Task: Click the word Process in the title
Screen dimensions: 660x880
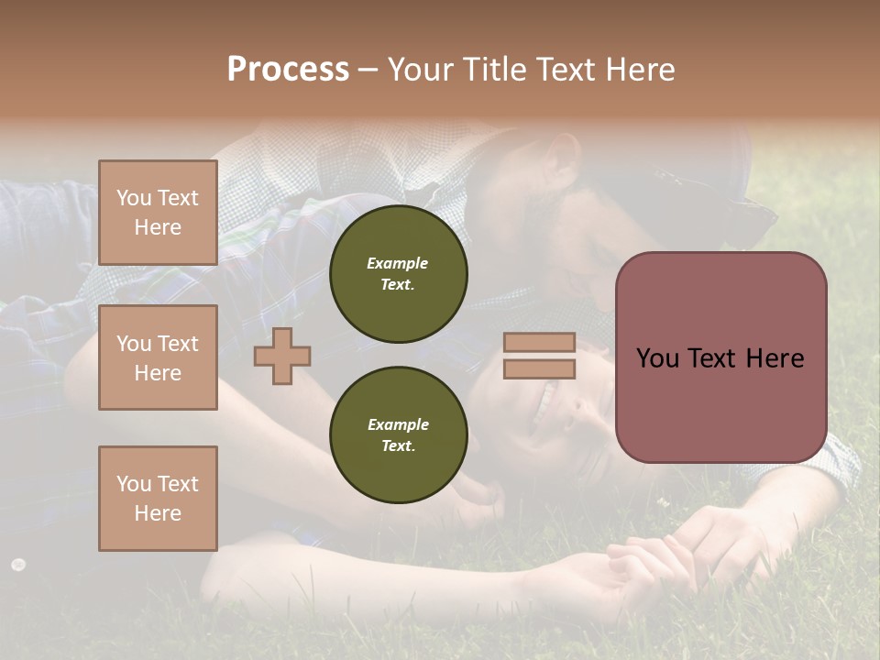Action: tap(288, 70)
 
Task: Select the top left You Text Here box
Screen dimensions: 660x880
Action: tap(158, 213)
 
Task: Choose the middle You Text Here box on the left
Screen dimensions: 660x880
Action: tap(158, 357)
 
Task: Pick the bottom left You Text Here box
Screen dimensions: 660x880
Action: tap(158, 499)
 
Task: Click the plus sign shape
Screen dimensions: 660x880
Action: tap(282, 356)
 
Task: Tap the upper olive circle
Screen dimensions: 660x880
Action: tap(399, 274)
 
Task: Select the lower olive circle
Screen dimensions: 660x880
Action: tap(399, 435)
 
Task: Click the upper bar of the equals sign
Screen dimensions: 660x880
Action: tap(539, 342)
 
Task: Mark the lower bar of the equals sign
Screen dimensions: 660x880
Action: tap(539, 368)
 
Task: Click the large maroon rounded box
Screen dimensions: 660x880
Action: tap(720, 357)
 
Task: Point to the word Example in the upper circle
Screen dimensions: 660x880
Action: tap(398, 263)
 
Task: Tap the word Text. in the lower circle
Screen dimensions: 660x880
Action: tap(398, 445)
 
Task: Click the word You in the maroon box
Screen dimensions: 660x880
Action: tap(656, 357)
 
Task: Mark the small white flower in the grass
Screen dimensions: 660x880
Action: tap(17, 565)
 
